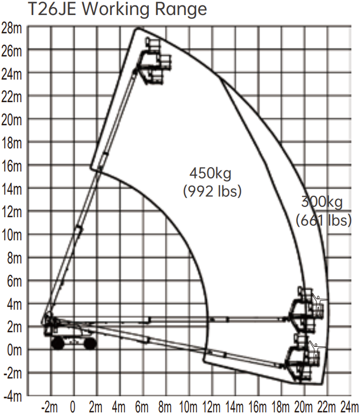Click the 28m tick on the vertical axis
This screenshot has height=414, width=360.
tap(12, 28)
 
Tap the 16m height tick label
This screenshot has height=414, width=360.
tap(12, 166)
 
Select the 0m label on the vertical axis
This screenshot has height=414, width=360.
tap(15, 351)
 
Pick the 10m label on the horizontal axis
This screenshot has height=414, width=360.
tap(188, 406)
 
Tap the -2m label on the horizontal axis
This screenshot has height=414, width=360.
tap(49, 406)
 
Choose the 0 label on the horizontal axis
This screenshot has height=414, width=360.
tap(73, 406)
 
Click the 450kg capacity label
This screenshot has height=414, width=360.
tap(210, 174)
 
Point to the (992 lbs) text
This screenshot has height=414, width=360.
tap(212, 191)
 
